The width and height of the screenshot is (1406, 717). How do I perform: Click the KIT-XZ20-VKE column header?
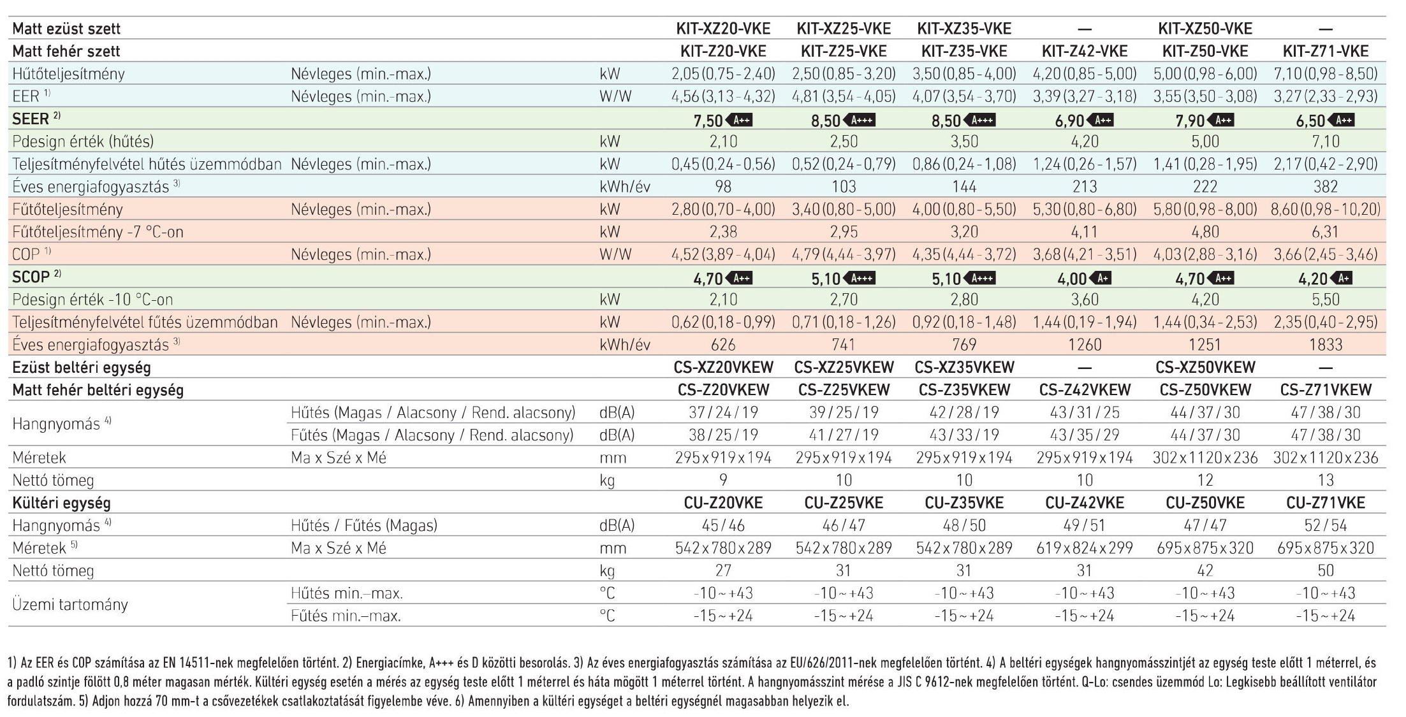click(723, 29)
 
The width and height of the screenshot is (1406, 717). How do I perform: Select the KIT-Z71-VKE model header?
click(1326, 51)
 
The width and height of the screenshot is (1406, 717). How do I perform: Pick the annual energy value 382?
click(1326, 187)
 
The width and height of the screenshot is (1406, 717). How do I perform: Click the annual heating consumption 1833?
click(1326, 345)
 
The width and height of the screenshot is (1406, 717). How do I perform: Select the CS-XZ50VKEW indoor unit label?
click(1205, 367)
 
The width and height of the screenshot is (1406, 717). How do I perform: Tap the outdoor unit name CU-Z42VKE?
click(1085, 503)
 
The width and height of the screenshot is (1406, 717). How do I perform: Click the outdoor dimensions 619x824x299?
click(1085, 548)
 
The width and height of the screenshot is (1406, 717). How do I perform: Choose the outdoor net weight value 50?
click(1326, 570)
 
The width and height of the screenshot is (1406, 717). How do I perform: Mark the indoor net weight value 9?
click(723, 480)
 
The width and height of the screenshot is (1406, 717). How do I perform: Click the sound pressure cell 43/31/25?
click(1085, 412)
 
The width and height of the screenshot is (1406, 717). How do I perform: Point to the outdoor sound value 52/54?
click(1326, 525)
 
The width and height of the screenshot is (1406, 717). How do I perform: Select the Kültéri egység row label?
click(61, 503)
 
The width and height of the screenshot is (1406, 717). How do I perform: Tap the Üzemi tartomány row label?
click(70, 604)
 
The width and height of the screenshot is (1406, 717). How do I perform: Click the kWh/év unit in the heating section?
click(625, 345)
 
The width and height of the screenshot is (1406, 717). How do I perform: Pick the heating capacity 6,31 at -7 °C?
click(1326, 232)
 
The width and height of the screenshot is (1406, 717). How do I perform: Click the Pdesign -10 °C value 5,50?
click(1326, 300)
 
